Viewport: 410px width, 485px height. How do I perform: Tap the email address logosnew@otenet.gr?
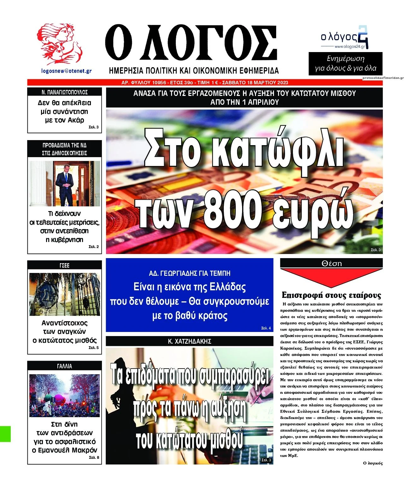pos(66,71)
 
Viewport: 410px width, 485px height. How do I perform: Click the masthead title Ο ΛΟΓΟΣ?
pos(191,44)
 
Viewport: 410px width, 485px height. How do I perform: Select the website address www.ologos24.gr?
pos(349,47)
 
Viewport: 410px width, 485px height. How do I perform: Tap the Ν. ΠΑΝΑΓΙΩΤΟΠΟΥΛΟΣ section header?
pos(64,92)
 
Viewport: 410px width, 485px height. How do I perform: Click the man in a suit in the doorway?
pos(65,185)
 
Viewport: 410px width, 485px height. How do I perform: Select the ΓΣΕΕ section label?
pos(64,265)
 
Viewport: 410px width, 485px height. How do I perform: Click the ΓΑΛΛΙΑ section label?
pos(64,366)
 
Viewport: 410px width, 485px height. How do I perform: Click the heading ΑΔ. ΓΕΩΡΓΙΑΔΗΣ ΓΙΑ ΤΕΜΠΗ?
pos(189,273)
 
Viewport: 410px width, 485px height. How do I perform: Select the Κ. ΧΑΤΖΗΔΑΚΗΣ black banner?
pos(189,341)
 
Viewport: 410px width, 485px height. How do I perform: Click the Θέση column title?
pos(331,263)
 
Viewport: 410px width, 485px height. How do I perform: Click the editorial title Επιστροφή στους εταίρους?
pos(331,295)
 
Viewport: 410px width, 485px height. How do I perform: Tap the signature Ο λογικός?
pos(373,463)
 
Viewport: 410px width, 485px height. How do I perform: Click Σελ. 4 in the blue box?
pos(266,328)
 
